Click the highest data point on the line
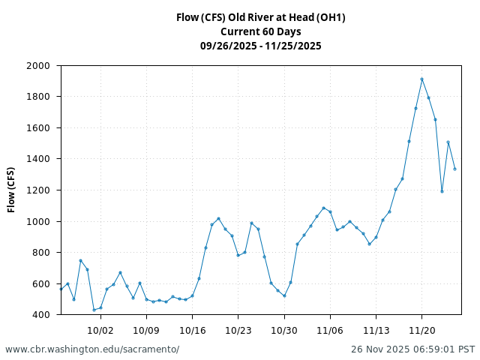click(x=421, y=79)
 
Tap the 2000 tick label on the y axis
click(x=38, y=66)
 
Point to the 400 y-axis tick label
click(x=41, y=315)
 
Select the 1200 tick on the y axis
click(x=38, y=190)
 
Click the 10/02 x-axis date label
click(x=100, y=330)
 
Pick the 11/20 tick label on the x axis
click(x=421, y=330)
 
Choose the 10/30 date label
click(x=284, y=330)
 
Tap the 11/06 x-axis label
click(x=330, y=330)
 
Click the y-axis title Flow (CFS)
click(x=12, y=190)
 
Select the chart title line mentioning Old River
click(x=261, y=17)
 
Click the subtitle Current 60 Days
click(x=261, y=31)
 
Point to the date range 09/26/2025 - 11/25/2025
click(x=261, y=46)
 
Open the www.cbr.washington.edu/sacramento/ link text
click(x=92, y=349)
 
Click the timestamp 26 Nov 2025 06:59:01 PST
click(x=412, y=349)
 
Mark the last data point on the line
click(x=454, y=169)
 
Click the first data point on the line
click(x=61, y=289)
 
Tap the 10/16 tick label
click(x=192, y=330)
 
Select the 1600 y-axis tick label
click(x=38, y=128)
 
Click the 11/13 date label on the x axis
click(x=376, y=330)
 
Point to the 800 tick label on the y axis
click(x=41, y=253)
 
